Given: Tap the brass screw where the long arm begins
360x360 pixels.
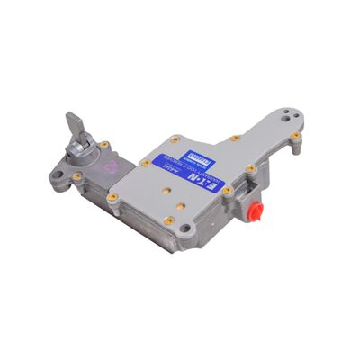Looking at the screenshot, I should [236, 138].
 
